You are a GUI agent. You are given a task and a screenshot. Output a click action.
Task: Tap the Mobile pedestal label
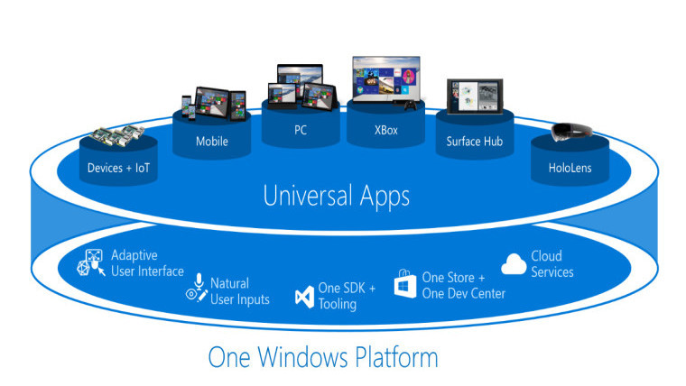(x=211, y=141)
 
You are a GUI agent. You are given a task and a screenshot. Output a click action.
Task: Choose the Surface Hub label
(x=474, y=141)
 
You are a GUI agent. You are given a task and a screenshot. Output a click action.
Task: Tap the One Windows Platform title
(x=323, y=357)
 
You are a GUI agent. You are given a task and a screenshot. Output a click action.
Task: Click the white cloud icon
(x=513, y=263)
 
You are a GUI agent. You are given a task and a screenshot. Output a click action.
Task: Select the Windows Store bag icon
(x=404, y=285)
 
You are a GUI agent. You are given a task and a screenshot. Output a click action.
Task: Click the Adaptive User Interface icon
(x=95, y=263)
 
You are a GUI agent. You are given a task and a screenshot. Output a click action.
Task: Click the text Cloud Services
(x=552, y=263)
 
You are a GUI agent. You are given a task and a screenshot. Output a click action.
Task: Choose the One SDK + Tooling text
(x=347, y=296)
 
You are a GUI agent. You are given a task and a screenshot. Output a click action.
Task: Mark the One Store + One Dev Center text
(x=463, y=285)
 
